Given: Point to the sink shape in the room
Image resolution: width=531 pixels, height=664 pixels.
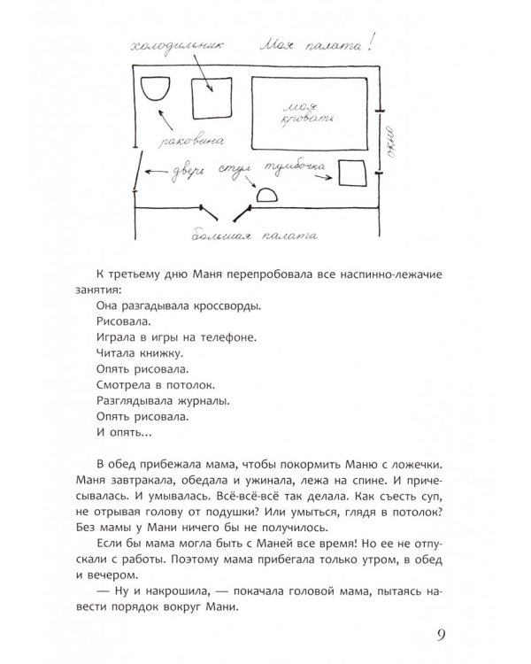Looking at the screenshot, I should [156, 89].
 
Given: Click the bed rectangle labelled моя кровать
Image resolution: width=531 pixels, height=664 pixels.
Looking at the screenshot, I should [308, 112].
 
